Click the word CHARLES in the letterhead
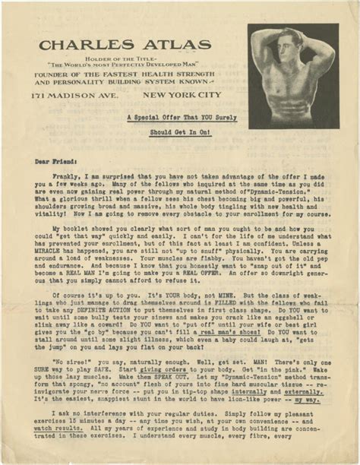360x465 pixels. coord(84,45)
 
